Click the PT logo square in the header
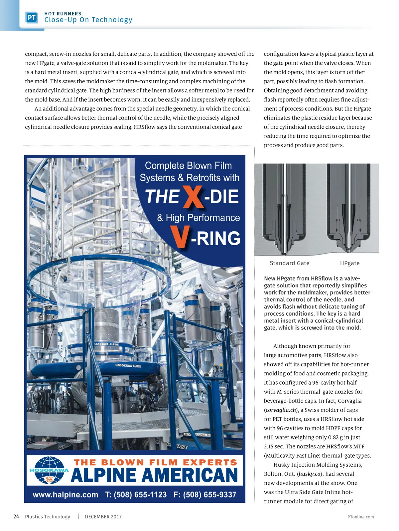32,18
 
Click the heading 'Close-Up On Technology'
88,20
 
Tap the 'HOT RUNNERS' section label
63,14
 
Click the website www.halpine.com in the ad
66,495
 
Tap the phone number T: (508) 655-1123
136,495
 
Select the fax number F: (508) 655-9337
205,495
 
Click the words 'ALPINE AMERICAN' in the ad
155,475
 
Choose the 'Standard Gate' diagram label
289,263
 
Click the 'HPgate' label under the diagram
349,263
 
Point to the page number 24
16,516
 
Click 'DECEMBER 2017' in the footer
103,517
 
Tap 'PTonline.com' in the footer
360,517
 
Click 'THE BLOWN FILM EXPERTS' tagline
156,462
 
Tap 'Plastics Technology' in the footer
48,517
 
